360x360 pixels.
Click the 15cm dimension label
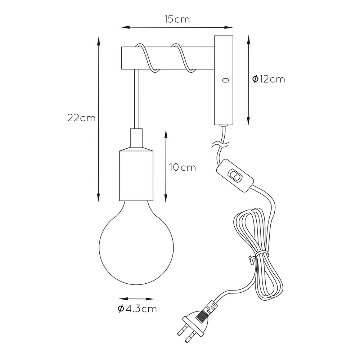coord(177,19)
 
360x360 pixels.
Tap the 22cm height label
coord(81,118)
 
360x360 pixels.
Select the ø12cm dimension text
coord(269,79)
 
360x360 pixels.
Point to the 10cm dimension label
coord(183,167)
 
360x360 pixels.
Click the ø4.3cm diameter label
coord(137,309)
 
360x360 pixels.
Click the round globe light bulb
coord(136,243)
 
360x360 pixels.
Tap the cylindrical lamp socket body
coord(136,175)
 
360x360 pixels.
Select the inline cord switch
coord(235,175)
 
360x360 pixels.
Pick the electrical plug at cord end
coord(195,321)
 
